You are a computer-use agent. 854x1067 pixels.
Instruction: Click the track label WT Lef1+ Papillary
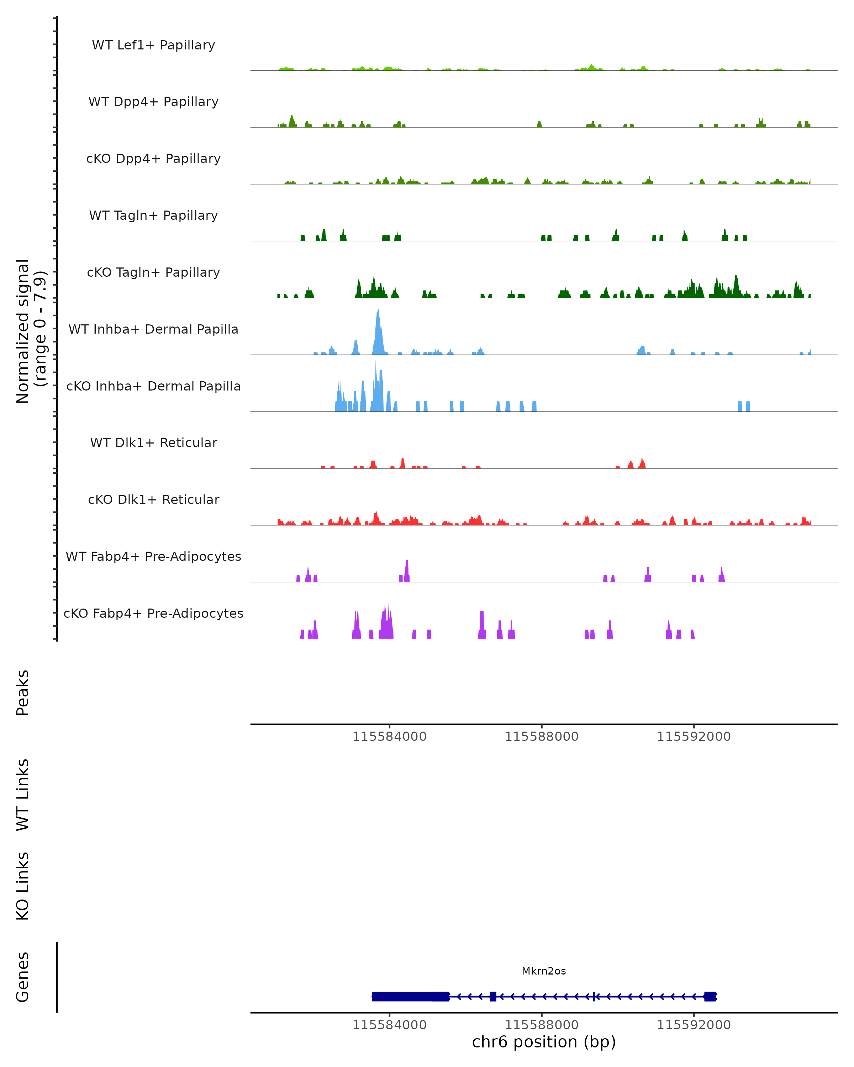pos(153,45)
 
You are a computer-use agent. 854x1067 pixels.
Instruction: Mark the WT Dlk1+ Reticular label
pos(153,442)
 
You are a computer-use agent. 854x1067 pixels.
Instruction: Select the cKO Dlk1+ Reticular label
pos(153,499)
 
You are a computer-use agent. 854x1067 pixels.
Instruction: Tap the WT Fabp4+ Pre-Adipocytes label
pos(153,556)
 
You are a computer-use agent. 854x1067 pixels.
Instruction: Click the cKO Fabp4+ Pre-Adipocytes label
pos(153,613)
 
